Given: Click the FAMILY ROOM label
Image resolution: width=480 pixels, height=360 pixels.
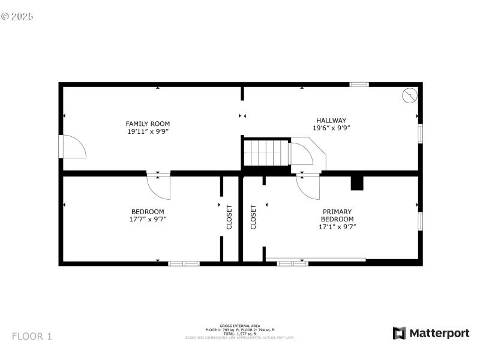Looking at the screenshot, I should [148, 124].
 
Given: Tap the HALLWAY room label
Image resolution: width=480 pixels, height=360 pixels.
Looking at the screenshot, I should [331, 120].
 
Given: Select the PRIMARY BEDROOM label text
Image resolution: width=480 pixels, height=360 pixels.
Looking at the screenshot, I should [338, 215].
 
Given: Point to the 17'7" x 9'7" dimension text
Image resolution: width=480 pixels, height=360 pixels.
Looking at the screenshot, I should [148, 219].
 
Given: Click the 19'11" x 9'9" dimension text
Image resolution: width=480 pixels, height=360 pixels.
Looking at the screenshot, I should [148, 131].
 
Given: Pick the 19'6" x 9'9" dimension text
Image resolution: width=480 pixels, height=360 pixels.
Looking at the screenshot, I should [331, 128].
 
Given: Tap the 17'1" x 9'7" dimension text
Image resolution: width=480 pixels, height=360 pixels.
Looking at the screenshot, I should [338, 226].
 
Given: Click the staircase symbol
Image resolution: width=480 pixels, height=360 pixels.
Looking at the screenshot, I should [267, 153].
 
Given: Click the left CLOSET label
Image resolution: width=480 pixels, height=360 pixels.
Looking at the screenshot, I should [229, 217].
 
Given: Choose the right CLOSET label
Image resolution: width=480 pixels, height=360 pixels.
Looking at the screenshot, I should [253, 217].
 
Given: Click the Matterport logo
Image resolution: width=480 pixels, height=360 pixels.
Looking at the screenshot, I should [431, 333].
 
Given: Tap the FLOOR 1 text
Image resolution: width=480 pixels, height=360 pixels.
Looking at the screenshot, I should [32, 336].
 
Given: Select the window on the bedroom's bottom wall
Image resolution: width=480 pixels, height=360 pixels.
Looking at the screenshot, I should [184, 263].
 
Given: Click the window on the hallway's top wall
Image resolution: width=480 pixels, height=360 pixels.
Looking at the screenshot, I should [359, 85].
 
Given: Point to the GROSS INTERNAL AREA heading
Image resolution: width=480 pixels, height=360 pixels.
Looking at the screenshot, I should [240, 326].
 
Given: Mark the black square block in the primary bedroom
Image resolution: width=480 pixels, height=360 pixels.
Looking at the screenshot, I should [357, 183].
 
